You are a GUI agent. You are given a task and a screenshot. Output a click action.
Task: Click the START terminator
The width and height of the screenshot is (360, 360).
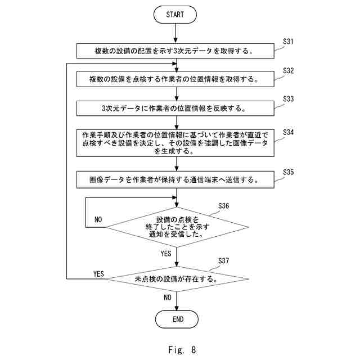pyautogui.click(x=175, y=15)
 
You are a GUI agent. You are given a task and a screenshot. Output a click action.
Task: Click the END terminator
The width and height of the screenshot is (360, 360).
pyautogui.click(x=177, y=319)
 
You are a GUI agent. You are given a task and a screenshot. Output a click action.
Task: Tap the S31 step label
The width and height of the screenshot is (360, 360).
pyautogui.click(x=288, y=42)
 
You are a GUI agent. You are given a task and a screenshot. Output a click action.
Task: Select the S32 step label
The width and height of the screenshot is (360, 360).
pyautogui.click(x=288, y=71)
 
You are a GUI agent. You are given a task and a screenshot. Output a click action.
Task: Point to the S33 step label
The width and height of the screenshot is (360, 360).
pyautogui.click(x=288, y=99)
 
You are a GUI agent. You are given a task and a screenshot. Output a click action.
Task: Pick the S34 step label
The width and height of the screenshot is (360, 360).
pyautogui.click(x=288, y=132)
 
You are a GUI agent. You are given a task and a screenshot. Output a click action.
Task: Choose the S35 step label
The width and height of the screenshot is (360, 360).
pyautogui.click(x=288, y=172)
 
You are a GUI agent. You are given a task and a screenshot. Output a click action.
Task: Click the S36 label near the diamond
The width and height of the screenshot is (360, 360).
pyautogui.click(x=223, y=206)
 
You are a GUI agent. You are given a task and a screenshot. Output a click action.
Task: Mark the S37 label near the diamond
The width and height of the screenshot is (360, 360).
pyautogui.click(x=223, y=261)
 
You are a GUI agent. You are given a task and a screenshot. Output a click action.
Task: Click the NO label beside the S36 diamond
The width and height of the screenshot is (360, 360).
pyautogui.click(x=98, y=219)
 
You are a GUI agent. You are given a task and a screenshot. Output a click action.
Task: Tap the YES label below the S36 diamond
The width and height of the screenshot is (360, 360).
pyautogui.click(x=166, y=254)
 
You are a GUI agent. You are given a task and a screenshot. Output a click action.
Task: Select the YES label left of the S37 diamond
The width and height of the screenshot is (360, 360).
pyautogui.click(x=98, y=274)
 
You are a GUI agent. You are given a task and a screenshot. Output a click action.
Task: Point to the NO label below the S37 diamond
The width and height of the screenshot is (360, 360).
pyautogui.click(x=168, y=298)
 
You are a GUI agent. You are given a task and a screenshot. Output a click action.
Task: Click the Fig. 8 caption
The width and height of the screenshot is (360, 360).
pyautogui.click(x=182, y=350)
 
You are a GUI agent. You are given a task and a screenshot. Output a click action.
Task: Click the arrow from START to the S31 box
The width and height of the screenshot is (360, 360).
pyautogui.click(x=175, y=33)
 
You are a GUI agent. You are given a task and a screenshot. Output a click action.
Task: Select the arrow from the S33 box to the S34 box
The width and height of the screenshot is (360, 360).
pyautogui.click(x=177, y=123)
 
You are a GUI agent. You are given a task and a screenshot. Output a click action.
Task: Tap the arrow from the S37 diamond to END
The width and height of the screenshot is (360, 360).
pyautogui.click(x=177, y=301)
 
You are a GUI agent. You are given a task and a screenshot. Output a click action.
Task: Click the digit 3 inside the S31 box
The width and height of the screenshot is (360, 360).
pyautogui.click(x=175, y=51)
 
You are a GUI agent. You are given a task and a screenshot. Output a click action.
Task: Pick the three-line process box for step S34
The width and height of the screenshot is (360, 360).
pyautogui.click(x=175, y=143)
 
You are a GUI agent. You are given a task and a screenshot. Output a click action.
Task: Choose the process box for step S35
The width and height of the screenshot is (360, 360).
pyautogui.click(x=175, y=179)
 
